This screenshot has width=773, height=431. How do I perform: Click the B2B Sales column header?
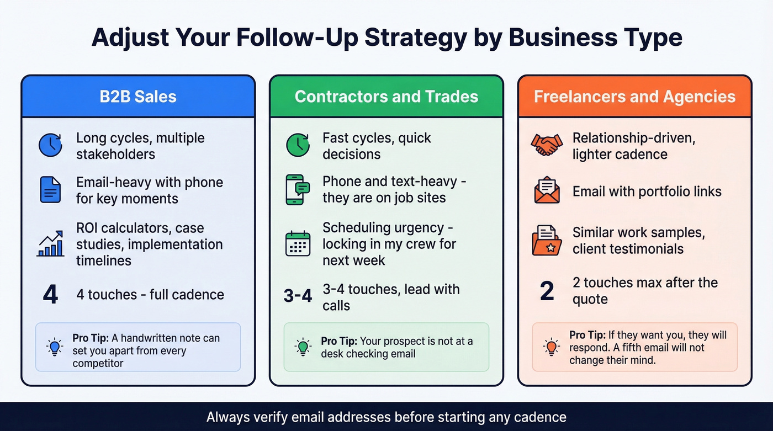point(138,97)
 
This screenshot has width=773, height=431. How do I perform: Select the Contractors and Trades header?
point(386,97)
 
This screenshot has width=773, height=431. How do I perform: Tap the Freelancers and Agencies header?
point(634,97)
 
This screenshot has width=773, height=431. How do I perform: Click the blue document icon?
point(50,190)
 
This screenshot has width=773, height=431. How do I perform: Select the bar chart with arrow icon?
point(50,244)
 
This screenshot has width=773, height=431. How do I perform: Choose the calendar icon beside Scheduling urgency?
point(298,243)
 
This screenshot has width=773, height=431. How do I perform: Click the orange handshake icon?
point(547,145)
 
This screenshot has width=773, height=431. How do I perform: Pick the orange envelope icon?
point(547,191)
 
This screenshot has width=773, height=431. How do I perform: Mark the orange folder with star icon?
point(547,240)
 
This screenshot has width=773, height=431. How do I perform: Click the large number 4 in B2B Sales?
point(50,295)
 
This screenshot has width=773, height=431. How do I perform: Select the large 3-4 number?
point(298,296)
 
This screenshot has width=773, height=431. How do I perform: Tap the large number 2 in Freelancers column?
point(547,291)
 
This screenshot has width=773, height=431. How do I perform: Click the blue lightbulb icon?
point(54,347)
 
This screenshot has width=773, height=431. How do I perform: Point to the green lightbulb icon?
point(302,347)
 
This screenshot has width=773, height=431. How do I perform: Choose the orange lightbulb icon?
point(550,347)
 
